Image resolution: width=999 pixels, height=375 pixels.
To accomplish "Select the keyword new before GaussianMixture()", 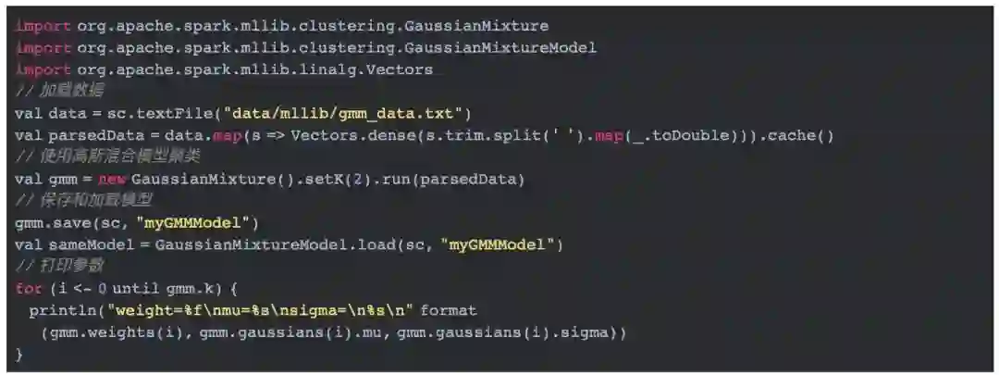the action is pyautogui.click(x=112, y=179).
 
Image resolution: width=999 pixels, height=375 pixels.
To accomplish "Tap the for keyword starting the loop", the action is pyautogui.click(x=28, y=288).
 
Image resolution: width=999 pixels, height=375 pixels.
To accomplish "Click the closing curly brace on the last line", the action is pyautogui.click(x=18, y=354).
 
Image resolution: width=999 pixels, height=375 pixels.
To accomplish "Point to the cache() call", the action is pyautogui.click(x=797, y=135).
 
